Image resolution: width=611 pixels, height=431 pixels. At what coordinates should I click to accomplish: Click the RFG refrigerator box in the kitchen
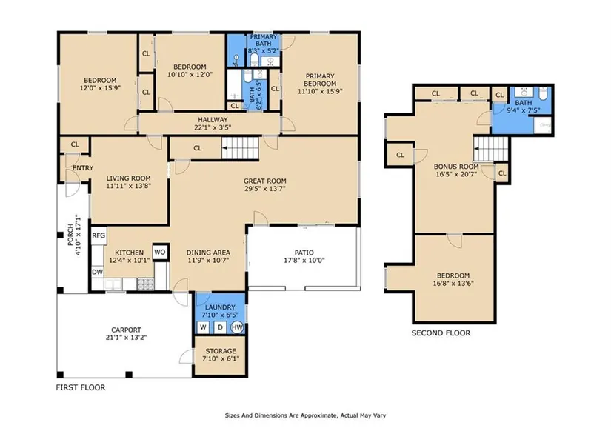point(99,235)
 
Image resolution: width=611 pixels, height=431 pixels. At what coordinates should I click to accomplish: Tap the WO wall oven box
point(159,252)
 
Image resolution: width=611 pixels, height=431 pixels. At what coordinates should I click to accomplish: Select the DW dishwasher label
point(98,272)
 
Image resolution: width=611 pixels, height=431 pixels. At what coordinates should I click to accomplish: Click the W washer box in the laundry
point(203,327)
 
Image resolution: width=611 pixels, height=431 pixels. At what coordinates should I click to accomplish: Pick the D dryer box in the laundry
point(220,327)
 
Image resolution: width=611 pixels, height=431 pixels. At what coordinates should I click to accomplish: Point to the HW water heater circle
point(237,327)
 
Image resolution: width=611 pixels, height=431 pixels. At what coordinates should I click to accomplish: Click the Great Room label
point(265,181)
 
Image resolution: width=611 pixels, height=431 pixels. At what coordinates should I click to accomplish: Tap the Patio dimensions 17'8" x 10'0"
point(304,261)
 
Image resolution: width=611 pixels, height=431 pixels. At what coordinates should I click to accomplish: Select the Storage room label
point(221,351)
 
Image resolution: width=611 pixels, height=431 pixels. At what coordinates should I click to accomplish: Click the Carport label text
point(126,330)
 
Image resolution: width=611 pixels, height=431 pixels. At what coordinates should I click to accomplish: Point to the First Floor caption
point(81,387)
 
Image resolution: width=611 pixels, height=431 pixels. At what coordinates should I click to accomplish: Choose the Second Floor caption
point(441,333)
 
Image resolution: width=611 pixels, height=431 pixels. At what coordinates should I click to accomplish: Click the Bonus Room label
point(456,167)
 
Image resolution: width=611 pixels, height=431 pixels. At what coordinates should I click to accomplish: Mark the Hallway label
point(213,120)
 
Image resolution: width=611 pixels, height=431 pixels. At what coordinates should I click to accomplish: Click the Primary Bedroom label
point(320,80)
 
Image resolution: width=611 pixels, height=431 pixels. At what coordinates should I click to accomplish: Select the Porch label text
point(70,235)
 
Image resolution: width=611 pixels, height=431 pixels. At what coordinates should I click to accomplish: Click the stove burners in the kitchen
point(145,284)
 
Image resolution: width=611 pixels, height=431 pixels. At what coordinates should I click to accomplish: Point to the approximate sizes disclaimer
point(305,415)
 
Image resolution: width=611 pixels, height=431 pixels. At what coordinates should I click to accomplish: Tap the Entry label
point(83,168)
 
